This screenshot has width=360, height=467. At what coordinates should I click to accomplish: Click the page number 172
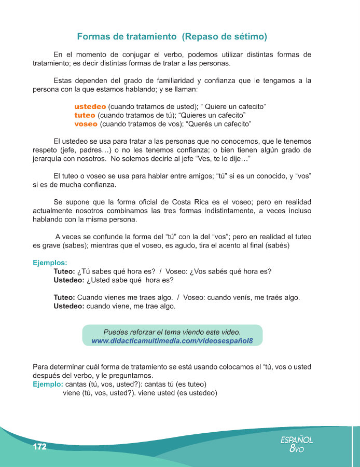pos(39,447)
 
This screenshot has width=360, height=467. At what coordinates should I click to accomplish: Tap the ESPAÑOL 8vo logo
pos(296,444)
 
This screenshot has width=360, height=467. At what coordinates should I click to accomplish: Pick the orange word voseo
pos(86,125)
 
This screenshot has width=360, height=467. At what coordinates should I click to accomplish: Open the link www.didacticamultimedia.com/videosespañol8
pos(172,341)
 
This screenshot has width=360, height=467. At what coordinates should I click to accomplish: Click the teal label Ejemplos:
pos(50,263)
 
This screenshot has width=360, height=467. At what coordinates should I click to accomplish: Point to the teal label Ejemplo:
pos(48,384)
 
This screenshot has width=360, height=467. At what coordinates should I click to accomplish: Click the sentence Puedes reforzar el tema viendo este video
pos(172,332)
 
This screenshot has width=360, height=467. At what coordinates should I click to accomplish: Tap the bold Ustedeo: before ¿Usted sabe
pos(69,280)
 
